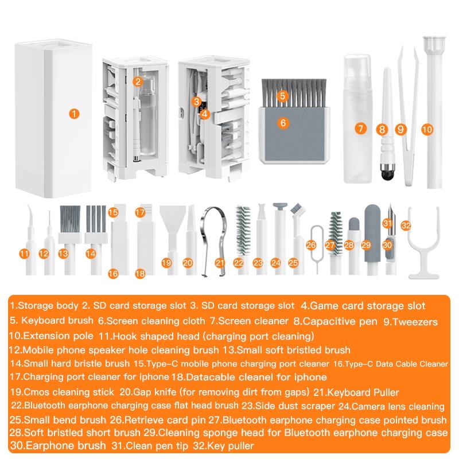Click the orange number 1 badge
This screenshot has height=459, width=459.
pos(72,114)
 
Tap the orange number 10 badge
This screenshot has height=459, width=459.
pos(426,130)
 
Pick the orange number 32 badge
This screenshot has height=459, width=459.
pos(406,225)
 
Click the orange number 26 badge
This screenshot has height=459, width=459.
pos(312,245)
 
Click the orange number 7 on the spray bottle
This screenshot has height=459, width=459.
pos(360,129)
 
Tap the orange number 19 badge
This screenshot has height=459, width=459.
pos(167,262)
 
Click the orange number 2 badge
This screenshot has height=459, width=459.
pos(138,81)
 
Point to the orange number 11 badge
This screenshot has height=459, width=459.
pos(24,253)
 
